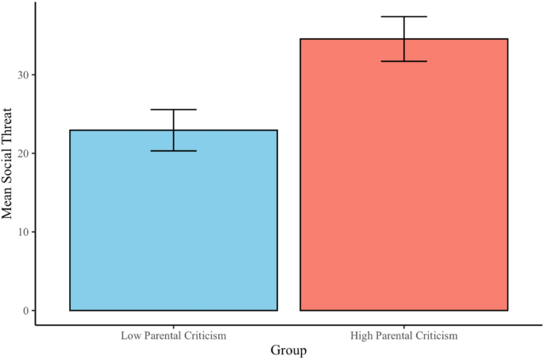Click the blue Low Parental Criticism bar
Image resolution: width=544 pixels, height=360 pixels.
click(x=173, y=220)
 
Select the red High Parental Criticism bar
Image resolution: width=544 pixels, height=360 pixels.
click(x=403, y=175)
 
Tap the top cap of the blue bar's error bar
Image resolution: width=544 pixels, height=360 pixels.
click(x=173, y=110)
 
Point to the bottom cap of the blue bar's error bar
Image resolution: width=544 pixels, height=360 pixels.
click(x=173, y=151)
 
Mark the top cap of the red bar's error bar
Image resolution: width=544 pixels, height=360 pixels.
click(x=403, y=17)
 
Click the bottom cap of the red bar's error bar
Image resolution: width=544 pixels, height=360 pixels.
click(x=403, y=61)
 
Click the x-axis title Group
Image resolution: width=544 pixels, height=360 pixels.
click(x=288, y=350)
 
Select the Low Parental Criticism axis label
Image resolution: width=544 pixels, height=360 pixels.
click(x=173, y=336)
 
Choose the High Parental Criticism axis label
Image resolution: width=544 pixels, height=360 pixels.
click(x=403, y=336)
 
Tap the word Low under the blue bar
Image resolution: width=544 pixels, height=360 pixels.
click(x=130, y=336)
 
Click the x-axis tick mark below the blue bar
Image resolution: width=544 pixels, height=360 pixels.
click(x=173, y=326)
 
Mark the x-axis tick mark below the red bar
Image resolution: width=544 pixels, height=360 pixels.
click(x=403, y=326)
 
